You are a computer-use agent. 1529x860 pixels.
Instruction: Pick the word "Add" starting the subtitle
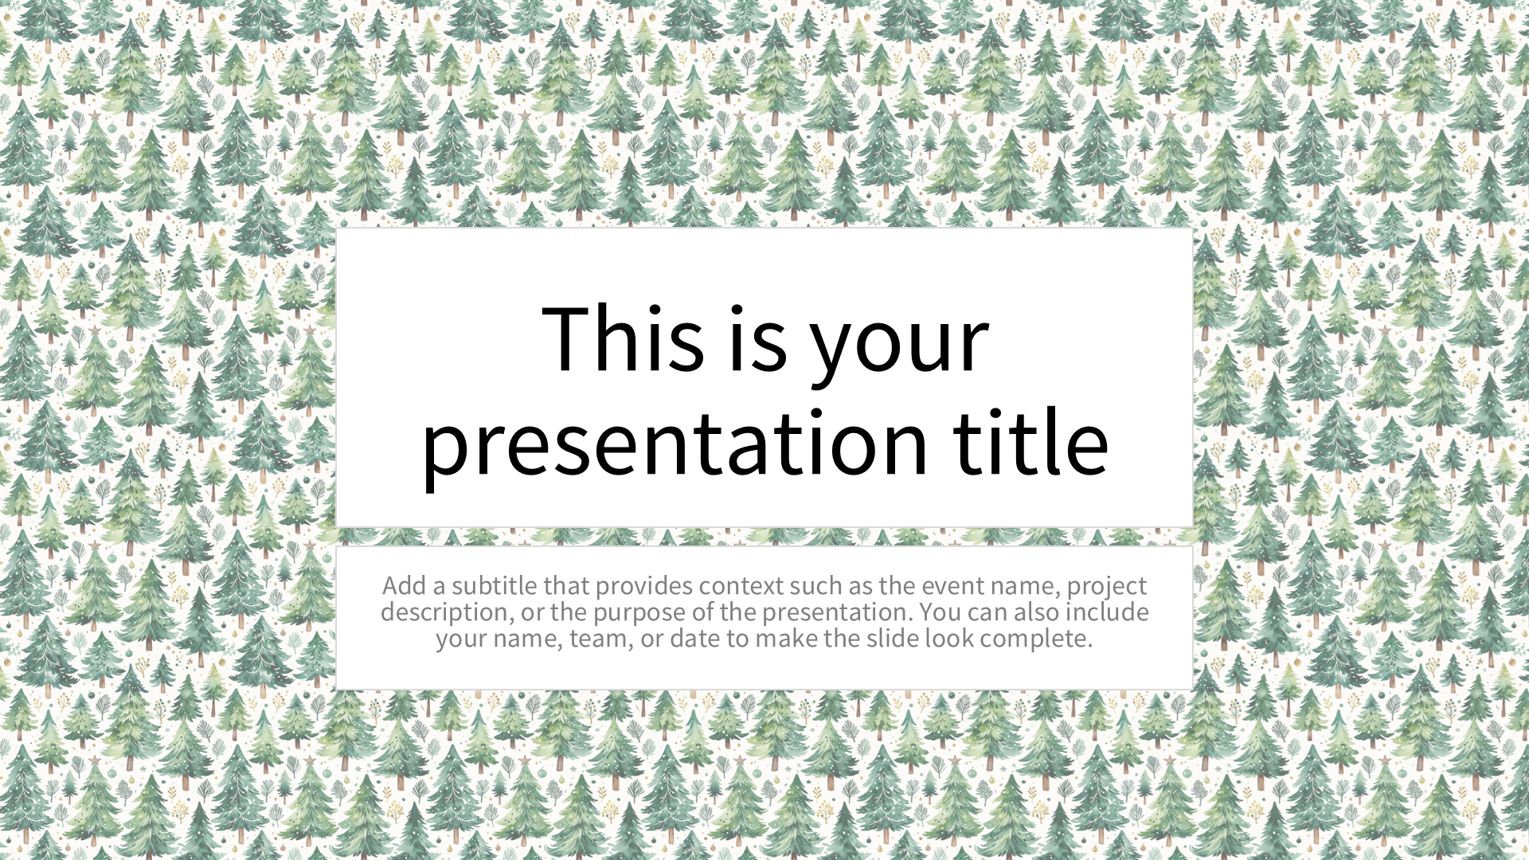(404, 585)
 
